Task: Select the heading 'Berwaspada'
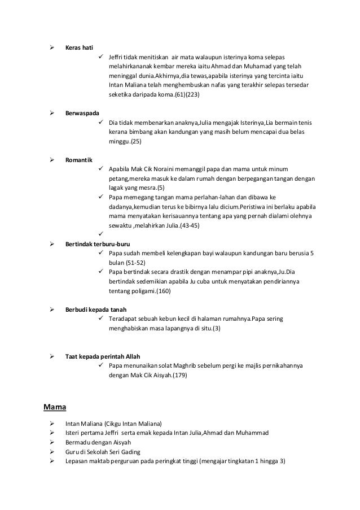(x=81, y=113)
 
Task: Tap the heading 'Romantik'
(x=78, y=159)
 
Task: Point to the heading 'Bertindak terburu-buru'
(x=97, y=243)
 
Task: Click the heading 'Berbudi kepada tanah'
(x=96, y=310)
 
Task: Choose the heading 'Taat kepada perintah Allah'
(x=102, y=356)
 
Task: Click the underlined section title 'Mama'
(x=55, y=405)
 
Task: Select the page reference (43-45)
(x=190, y=225)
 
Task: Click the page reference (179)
(x=179, y=375)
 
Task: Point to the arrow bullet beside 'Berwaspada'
(x=51, y=113)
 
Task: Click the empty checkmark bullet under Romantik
(x=101, y=234)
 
